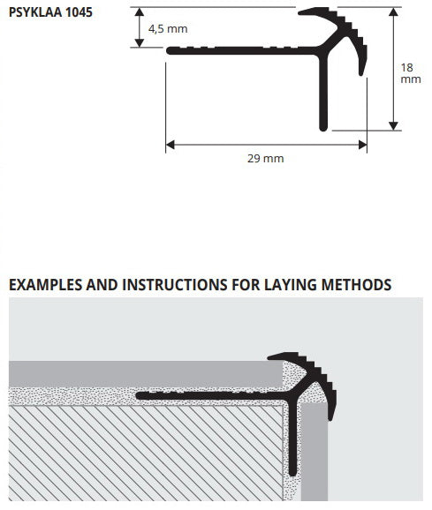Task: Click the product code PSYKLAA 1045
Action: coord(50,12)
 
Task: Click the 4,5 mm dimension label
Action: coord(168,29)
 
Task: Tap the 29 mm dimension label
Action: coord(266,159)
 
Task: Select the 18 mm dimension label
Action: coord(411,73)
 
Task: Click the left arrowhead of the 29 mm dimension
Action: coord(170,145)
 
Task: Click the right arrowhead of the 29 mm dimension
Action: coord(363,145)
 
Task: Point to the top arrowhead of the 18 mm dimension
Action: coord(393,12)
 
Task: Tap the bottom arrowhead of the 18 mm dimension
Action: coord(393,126)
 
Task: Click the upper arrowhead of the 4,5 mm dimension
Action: coord(140,12)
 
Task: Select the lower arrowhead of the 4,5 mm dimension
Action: coord(140,43)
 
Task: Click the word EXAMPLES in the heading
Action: coord(46,285)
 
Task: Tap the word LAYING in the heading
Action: coord(290,285)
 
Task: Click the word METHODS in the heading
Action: coord(357,285)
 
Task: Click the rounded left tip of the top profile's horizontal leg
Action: coord(168,50)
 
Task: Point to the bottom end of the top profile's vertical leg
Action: coord(323,130)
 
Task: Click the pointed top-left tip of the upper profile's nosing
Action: coord(299,12)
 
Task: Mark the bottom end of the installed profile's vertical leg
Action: coord(293,474)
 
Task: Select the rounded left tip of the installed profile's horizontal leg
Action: coord(138,395)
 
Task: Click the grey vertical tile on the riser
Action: coord(315,452)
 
